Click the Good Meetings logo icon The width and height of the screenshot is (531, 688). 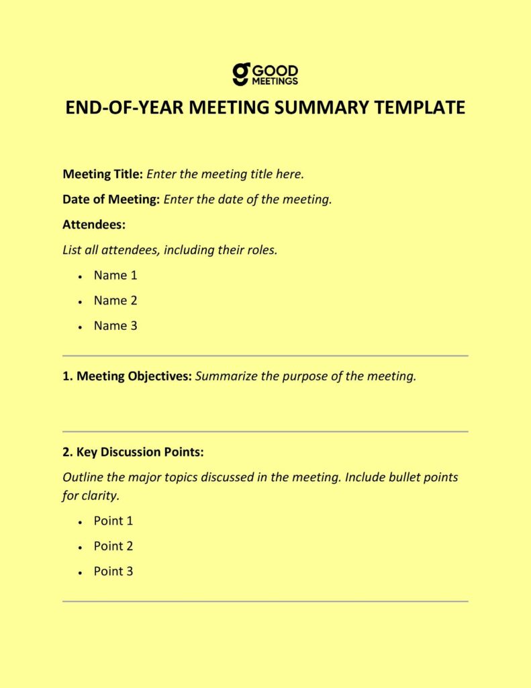click(242, 74)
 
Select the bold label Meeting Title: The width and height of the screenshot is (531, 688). click(103, 174)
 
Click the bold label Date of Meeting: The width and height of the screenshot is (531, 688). click(111, 200)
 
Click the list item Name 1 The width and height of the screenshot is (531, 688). click(115, 275)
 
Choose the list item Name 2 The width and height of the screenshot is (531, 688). click(115, 300)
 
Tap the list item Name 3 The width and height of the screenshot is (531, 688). click(115, 326)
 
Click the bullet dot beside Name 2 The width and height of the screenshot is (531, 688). click(80, 302)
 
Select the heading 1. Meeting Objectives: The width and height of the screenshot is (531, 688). click(127, 376)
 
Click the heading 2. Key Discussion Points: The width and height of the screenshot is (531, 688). click(132, 451)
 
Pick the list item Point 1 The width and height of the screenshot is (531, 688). click(113, 521)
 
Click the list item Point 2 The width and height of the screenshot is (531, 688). click(113, 546)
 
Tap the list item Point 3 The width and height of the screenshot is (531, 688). click(113, 572)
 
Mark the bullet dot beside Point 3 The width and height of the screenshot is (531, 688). click(80, 572)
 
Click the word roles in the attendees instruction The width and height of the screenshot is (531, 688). click(260, 250)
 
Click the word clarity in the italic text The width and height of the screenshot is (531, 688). click(99, 497)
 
